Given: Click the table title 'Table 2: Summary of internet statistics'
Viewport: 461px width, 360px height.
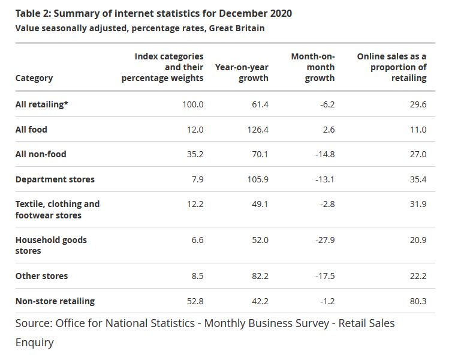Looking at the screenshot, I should [x=153, y=13].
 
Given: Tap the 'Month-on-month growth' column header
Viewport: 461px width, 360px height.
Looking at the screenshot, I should [x=313, y=67].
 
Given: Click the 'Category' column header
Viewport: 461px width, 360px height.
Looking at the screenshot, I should [x=34, y=78].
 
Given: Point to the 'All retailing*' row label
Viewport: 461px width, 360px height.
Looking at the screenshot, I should [x=42, y=104].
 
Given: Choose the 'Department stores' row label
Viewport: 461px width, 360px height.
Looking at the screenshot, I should [x=55, y=179].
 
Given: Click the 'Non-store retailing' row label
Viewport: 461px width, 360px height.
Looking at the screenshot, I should [x=55, y=301].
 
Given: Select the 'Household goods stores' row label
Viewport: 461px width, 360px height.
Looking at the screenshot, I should [x=51, y=245].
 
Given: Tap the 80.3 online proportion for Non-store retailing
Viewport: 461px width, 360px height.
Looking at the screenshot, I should [x=417, y=301].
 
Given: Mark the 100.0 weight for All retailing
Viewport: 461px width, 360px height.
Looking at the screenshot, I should [x=193, y=104].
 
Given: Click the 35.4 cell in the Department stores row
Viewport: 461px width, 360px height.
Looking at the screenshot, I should [x=417, y=179].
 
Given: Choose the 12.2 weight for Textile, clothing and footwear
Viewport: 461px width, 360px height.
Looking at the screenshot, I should [x=195, y=204].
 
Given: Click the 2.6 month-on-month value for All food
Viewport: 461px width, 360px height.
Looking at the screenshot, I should [x=328, y=130].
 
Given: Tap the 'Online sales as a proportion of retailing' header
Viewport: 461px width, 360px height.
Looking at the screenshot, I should [x=392, y=67].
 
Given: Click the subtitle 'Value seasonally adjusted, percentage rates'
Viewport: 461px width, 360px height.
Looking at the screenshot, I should [x=140, y=28].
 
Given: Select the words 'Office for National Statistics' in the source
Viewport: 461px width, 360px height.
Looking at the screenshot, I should [x=125, y=323].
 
